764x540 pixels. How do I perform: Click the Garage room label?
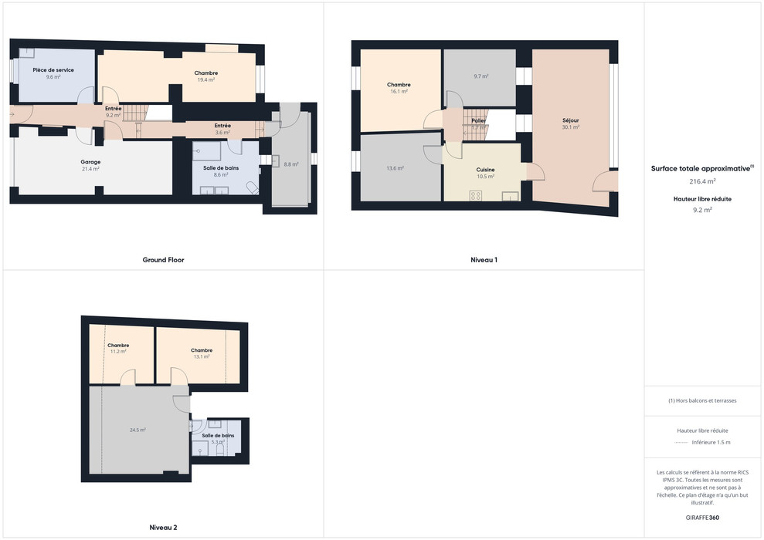pos(90,162)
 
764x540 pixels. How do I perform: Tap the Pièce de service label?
pos(53,70)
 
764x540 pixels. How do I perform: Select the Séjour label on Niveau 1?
pos(571,120)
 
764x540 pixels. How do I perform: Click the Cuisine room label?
pos(485,170)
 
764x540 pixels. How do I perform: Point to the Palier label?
pos(478,120)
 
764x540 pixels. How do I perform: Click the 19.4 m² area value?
pos(205,79)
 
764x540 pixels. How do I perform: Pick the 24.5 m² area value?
pos(138,430)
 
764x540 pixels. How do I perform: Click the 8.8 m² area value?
pos(290,164)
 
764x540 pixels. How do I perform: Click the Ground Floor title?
pos(163,260)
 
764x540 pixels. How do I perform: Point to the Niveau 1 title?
pos(484,260)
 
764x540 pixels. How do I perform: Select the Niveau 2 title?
pos(163,528)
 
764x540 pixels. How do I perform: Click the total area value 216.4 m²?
pos(702,181)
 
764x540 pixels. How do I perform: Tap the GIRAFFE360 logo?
pos(702,517)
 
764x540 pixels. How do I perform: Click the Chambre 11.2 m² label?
pos(118,346)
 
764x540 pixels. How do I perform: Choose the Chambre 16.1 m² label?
pos(399,85)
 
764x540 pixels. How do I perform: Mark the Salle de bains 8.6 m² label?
pos(220,168)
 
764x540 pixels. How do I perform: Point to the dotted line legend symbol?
pos(680,443)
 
